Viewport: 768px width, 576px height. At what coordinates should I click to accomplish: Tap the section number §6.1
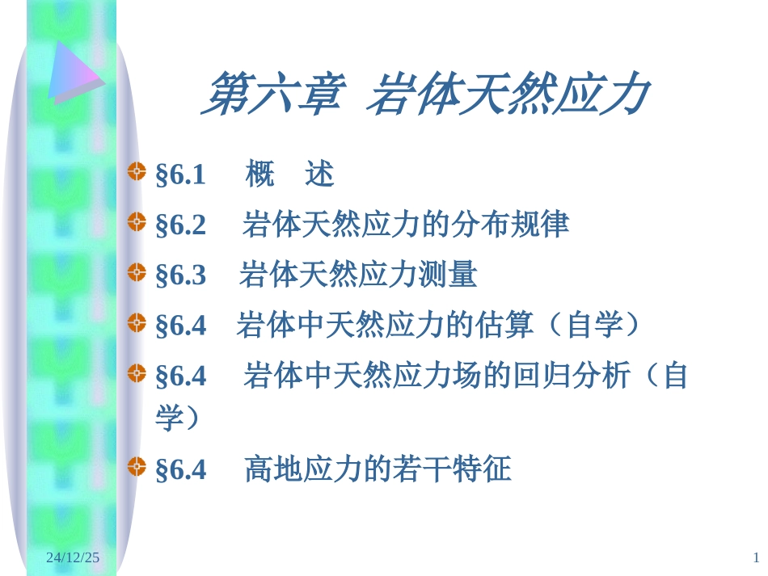click(180, 175)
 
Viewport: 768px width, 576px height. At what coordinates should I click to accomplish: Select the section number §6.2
click(180, 225)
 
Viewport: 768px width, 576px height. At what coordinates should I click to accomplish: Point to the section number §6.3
click(180, 276)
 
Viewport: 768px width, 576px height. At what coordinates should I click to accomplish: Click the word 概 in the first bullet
click(260, 174)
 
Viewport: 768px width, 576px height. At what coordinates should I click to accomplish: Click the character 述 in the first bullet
click(319, 174)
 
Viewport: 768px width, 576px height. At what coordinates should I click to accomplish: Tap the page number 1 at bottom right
click(756, 557)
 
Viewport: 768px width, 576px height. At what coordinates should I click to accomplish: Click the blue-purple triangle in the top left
click(73, 73)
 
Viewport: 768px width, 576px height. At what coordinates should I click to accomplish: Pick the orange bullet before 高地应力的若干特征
click(137, 465)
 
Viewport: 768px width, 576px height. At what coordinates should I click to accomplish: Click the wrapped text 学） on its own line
click(177, 418)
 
